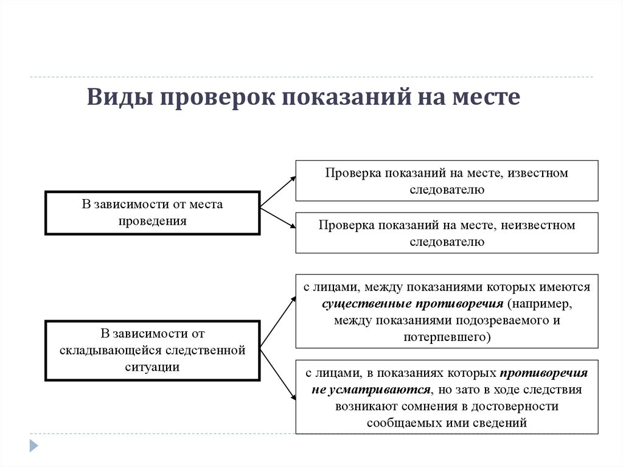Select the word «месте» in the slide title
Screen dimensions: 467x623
coord(485,97)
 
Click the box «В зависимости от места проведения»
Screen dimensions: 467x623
coord(153,212)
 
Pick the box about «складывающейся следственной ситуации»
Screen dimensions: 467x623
coord(153,350)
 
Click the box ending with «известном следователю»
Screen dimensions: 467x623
coord(447,181)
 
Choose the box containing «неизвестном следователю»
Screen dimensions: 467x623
coord(447,233)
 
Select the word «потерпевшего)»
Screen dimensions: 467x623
coord(447,336)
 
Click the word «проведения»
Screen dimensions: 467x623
coord(153,220)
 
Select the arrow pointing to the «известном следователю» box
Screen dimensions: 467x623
coord(278,193)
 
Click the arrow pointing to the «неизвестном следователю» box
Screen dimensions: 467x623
coord(278,218)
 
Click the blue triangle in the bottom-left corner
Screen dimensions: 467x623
coord(34,445)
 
